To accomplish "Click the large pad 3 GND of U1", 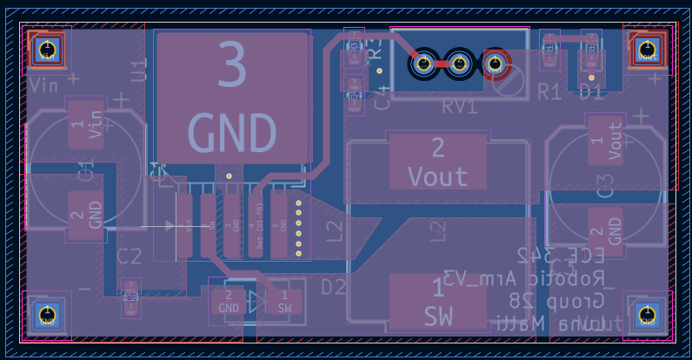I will point(232,96).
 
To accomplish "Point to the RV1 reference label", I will point(460,107).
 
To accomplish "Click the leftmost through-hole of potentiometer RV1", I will point(423,63).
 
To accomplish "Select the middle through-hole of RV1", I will point(459,63).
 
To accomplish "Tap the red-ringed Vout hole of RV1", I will point(496,63).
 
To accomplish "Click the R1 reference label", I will point(549,90).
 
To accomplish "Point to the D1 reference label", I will point(591,90).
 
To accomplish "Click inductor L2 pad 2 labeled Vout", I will point(437,162).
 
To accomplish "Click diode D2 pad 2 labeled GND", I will point(229,302).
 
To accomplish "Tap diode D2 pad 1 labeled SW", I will point(284,302).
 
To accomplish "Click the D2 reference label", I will point(334,287).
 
